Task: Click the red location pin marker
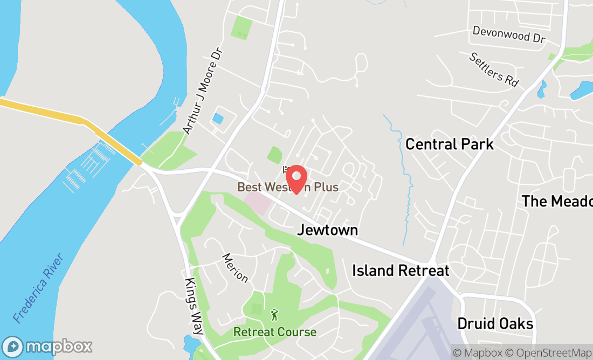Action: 296,178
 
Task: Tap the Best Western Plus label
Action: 288,188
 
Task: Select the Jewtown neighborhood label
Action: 327,230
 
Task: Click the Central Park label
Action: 449,144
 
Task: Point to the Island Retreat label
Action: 401,270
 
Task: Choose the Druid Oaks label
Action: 495,323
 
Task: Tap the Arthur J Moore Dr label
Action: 202,91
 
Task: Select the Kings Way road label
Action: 193,307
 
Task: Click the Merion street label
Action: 235,268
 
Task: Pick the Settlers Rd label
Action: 493,70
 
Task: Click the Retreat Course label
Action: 274,332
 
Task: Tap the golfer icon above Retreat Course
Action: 275,315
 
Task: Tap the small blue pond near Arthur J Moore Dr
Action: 218,118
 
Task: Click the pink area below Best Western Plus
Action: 257,204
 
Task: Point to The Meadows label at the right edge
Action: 557,201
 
